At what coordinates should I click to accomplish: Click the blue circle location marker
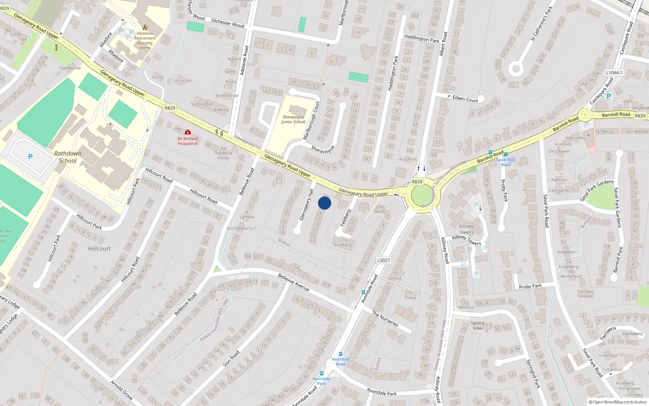(324, 203)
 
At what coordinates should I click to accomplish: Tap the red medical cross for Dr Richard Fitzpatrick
(188, 132)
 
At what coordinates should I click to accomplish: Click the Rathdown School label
(68, 157)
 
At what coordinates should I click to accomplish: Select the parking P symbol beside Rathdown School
(30, 157)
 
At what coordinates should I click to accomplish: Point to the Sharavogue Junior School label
(293, 119)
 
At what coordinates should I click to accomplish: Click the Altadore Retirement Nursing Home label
(145, 41)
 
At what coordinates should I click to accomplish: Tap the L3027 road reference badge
(383, 260)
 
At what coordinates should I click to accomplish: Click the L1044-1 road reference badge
(614, 73)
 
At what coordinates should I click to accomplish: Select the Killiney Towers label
(466, 229)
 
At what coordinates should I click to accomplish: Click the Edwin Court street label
(465, 99)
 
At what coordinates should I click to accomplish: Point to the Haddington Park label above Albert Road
(421, 39)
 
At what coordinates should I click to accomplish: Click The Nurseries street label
(385, 319)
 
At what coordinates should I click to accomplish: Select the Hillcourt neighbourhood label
(99, 248)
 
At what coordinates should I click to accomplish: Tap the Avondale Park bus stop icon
(322, 374)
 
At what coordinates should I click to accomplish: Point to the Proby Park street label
(530, 286)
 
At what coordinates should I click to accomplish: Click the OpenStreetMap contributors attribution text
(618, 402)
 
